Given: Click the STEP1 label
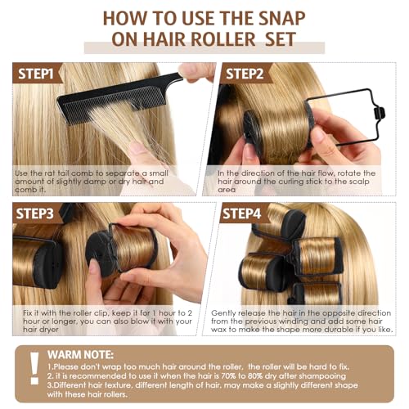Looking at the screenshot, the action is (x=36, y=74).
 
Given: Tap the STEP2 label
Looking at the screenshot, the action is (x=245, y=74).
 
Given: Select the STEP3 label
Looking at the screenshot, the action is (x=34, y=213).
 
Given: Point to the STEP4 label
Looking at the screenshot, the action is (x=242, y=213).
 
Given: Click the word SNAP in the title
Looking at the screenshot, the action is (x=281, y=19).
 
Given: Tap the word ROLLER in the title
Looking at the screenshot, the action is (x=222, y=39).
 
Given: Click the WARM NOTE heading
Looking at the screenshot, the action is (x=80, y=355).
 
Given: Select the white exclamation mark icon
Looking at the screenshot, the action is (x=34, y=368).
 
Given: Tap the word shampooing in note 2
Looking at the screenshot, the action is (x=322, y=376).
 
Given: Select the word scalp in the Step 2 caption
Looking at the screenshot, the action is (x=360, y=182).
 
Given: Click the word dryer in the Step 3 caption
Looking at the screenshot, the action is (x=48, y=330).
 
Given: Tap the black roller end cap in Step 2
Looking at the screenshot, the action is (x=253, y=133).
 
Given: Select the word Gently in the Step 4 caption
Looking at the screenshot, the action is (x=223, y=313).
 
